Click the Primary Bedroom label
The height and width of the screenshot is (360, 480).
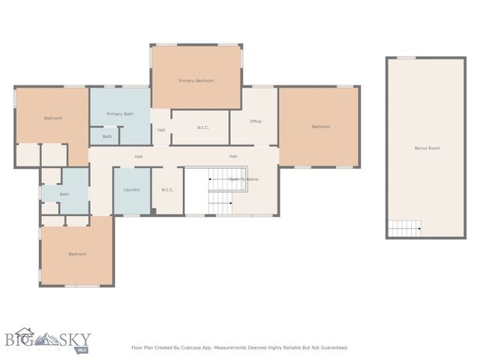click(196, 80)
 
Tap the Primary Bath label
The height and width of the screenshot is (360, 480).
click(119, 114)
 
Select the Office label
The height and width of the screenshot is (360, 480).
click(256, 121)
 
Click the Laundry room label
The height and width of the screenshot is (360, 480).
click(132, 190)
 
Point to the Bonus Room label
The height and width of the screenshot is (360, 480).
click(427, 148)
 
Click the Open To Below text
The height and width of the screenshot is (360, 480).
click(244, 179)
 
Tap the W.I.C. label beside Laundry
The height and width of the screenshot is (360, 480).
click(167, 190)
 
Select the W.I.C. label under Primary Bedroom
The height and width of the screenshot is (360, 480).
click(202, 128)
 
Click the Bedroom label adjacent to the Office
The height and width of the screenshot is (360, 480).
click(320, 127)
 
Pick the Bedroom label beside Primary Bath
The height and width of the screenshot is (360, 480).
click(52, 118)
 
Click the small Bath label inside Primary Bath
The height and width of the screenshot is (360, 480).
click(107, 136)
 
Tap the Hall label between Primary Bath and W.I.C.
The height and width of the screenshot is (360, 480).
click(161, 130)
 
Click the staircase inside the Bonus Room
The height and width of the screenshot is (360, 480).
click(403, 228)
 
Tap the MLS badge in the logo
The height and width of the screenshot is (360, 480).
click(82, 349)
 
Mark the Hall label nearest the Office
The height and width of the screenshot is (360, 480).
click(233, 156)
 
